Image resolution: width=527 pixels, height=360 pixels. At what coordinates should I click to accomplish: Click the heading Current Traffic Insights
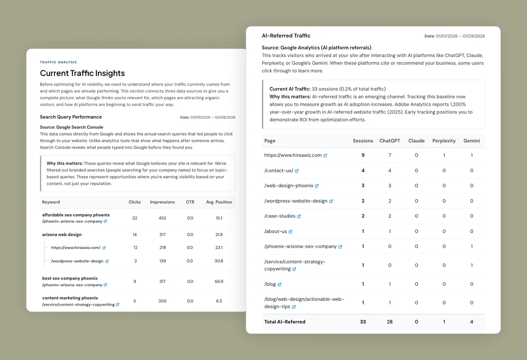pos(82,73)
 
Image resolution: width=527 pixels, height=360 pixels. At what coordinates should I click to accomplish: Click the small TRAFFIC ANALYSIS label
pos(58,62)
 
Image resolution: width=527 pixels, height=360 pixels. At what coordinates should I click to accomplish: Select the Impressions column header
pos(162,202)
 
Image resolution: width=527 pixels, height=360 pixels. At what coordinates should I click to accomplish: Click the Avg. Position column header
pos(219,202)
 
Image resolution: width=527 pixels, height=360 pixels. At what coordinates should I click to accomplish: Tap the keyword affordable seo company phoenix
pos(76,215)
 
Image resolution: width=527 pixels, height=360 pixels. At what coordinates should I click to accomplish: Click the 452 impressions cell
pos(162,218)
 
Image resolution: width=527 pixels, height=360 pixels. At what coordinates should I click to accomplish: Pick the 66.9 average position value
pos(219,281)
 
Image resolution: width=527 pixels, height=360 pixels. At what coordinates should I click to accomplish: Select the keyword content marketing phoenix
pos(70,298)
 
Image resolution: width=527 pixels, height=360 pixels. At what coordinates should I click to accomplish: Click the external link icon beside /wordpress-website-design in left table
pos(107,261)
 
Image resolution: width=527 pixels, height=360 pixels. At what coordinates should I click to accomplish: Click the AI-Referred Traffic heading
pos(286,36)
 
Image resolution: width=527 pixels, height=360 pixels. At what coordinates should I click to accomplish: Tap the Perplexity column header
pos(444,141)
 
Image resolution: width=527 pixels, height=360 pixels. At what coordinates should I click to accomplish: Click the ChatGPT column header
pos(390,141)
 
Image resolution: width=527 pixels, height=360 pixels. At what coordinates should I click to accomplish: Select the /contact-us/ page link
pos(278,170)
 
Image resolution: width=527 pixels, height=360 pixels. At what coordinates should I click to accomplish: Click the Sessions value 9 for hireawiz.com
pos(363,155)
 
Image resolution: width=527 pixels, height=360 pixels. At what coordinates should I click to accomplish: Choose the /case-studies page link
pos(280,216)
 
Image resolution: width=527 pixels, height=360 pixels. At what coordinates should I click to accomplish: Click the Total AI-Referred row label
pos(285,322)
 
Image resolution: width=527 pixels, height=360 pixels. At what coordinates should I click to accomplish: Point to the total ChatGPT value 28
pos(390,322)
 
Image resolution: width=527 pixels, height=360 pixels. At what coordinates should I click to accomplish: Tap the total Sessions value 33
pos(363,322)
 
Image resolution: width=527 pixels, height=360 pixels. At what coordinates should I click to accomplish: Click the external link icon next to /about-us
pos(291,231)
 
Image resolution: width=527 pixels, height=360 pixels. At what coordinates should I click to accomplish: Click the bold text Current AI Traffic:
pos(290,89)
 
